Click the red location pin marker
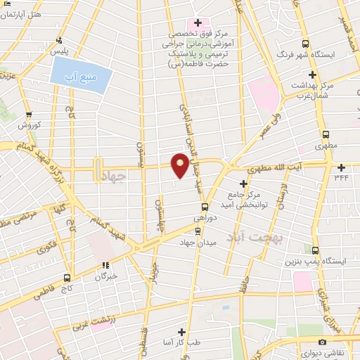tap(180, 165)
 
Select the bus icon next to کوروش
tap(28, 115)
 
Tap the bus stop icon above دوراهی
tap(205, 207)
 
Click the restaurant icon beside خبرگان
tap(106, 265)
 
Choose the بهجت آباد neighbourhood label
tap(259, 237)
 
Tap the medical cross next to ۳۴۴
tap(341, 167)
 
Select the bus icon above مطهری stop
tap(326, 135)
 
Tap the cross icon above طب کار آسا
tap(181, 331)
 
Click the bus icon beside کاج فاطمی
tap(67, 277)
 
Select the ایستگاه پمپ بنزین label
tap(314, 262)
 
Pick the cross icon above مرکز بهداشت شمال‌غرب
tap(313, 74)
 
